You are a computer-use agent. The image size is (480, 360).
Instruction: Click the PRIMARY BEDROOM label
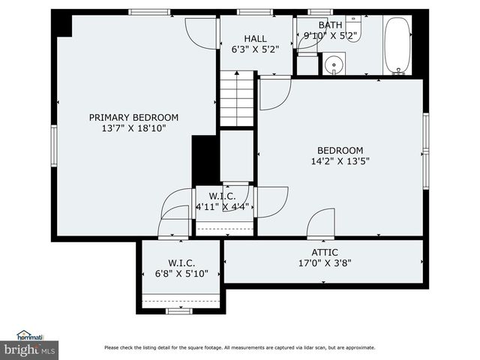(x=133, y=118)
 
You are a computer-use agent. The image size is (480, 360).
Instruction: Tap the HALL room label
(x=255, y=39)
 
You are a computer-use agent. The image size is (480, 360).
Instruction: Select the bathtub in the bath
(x=397, y=46)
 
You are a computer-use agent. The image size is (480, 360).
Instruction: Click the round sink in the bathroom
(x=334, y=64)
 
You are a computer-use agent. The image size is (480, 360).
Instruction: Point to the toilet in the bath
(x=353, y=28)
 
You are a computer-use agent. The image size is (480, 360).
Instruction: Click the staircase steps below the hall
(x=237, y=98)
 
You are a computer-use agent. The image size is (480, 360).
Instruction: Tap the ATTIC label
(x=325, y=253)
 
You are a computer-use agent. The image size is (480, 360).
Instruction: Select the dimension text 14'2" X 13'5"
(x=340, y=161)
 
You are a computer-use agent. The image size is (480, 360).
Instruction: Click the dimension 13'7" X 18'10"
(x=133, y=128)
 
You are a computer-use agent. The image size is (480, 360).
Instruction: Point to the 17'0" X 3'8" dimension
(x=325, y=263)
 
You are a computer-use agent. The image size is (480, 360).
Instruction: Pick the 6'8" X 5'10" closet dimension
(x=181, y=273)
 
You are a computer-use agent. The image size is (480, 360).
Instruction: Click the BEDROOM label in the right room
(x=340, y=151)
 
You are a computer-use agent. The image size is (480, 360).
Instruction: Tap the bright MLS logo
(x=29, y=350)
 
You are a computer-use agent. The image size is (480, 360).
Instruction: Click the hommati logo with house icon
(x=30, y=335)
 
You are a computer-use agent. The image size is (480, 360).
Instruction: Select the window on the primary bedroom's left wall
(x=54, y=145)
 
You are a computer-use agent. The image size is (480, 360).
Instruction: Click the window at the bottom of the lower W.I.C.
(x=179, y=311)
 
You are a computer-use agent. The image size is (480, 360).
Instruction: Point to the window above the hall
(x=255, y=12)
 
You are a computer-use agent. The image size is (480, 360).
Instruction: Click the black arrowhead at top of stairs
(x=237, y=73)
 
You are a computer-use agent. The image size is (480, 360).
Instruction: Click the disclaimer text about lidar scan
(x=240, y=347)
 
